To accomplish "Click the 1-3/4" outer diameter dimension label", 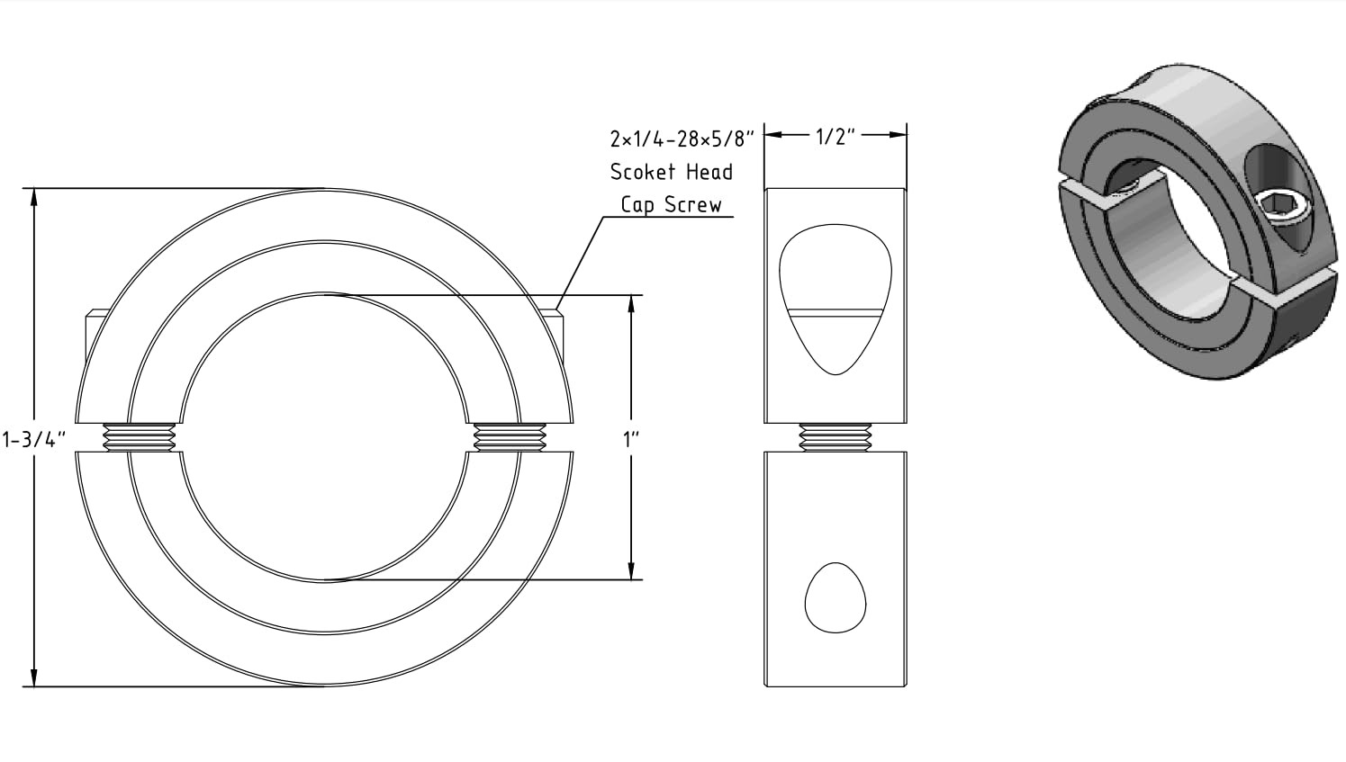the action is (x=33, y=440).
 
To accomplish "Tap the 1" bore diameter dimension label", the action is (x=631, y=440).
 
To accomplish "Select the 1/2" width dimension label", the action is (x=836, y=137).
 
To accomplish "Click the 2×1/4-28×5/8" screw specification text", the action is (x=682, y=139).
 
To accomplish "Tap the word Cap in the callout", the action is (x=637, y=205).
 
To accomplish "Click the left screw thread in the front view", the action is (x=140, y=437).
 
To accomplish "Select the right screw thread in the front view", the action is (x=510, y=437).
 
